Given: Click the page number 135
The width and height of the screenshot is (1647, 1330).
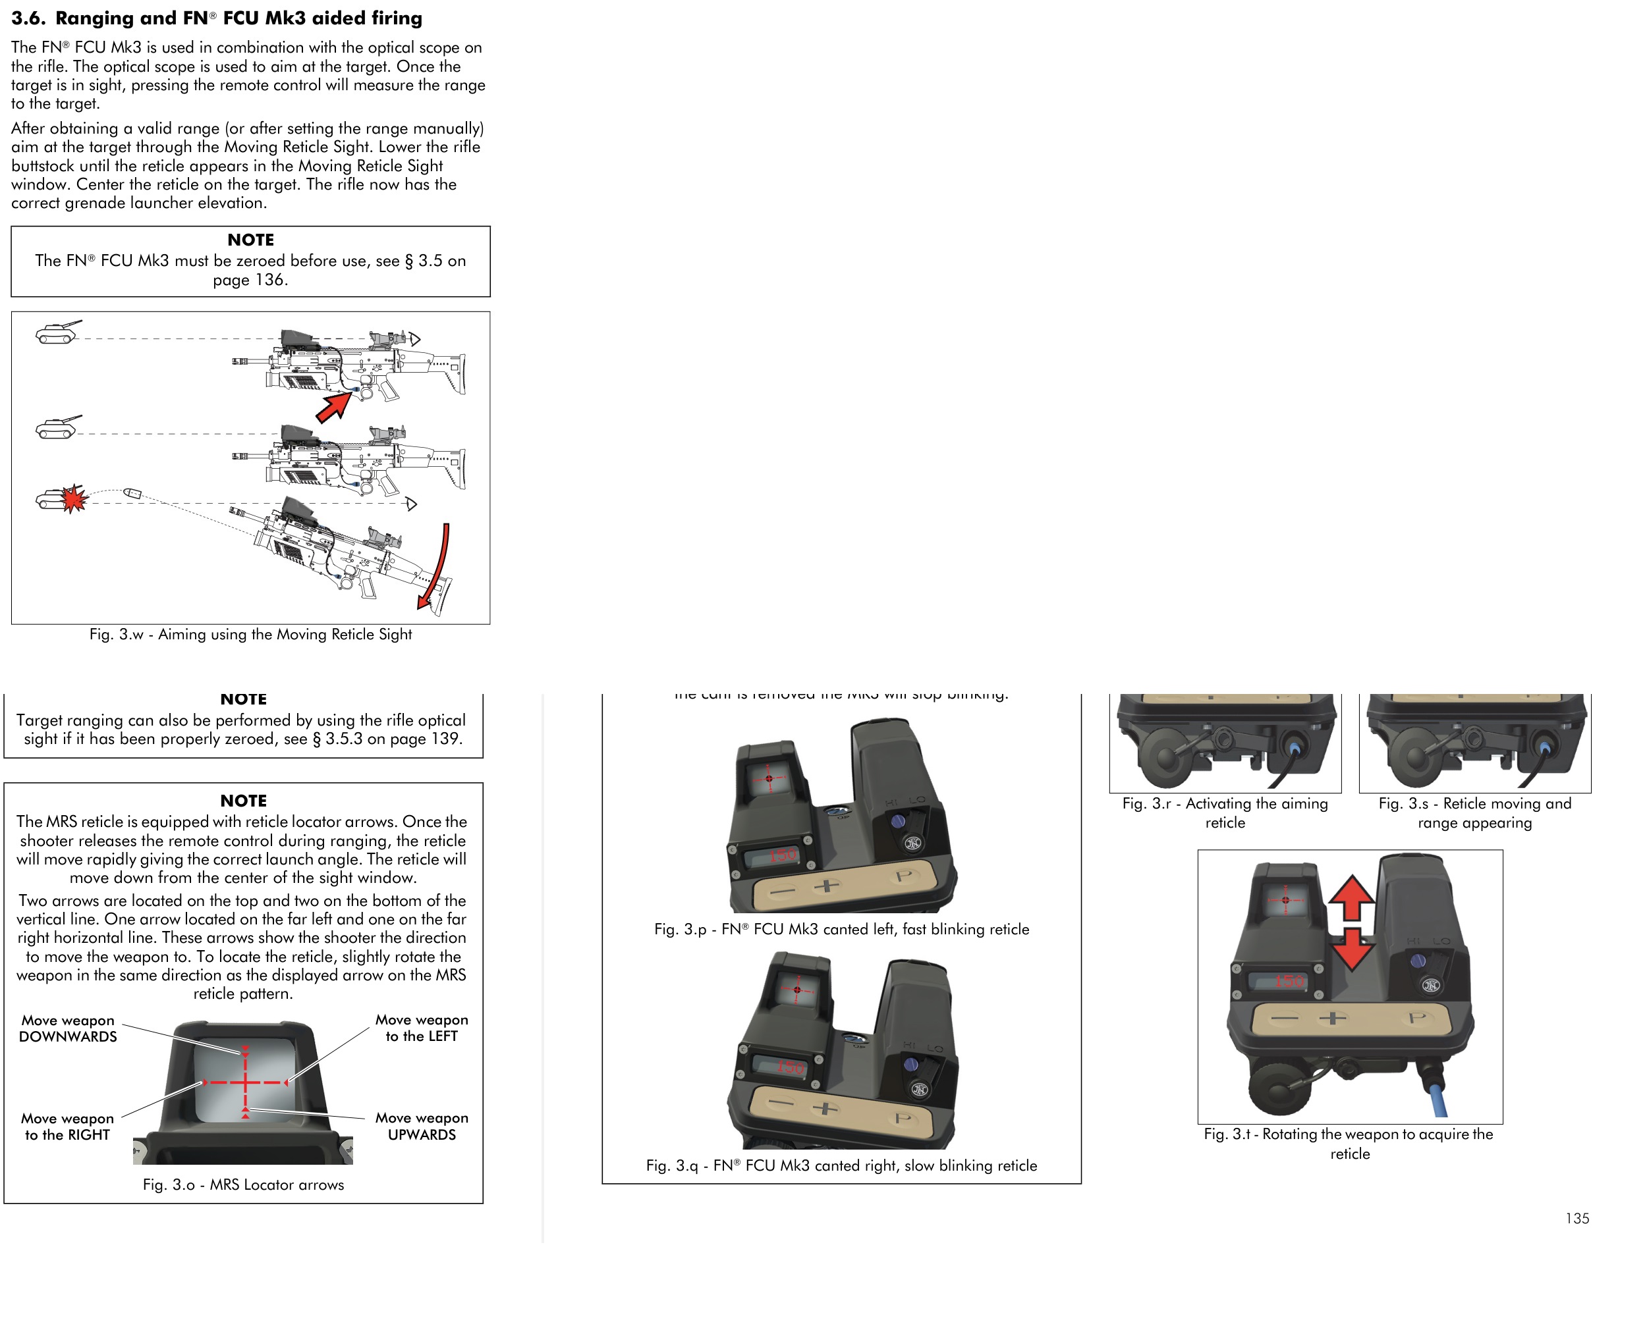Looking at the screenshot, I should coord(1577,1219).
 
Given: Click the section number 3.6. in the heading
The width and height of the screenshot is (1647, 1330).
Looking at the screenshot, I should coord(28,18).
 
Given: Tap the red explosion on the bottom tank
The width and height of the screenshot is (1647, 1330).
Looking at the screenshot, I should coord(74,499).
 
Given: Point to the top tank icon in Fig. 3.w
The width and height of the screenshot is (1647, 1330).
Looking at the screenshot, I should coord(57,332).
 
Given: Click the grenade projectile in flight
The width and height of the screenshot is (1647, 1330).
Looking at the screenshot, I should coord(132,492).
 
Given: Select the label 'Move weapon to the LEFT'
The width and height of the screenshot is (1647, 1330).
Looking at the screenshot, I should coord(422,1028).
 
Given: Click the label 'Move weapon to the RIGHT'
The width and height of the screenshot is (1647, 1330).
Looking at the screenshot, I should coord(67,1126).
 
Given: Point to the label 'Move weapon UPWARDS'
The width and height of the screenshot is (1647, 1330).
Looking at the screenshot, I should coord(422,1126).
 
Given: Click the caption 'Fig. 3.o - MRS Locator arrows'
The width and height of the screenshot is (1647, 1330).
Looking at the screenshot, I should coord(243,1184).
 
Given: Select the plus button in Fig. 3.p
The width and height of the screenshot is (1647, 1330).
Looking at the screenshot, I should coord(826,886).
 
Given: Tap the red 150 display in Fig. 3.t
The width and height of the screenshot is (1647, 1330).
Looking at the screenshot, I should coord(1289,982).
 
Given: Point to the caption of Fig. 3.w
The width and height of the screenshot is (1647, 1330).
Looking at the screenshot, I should coord(250,634).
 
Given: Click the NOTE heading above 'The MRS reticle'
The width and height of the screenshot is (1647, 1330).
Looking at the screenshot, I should coord(243,801).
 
